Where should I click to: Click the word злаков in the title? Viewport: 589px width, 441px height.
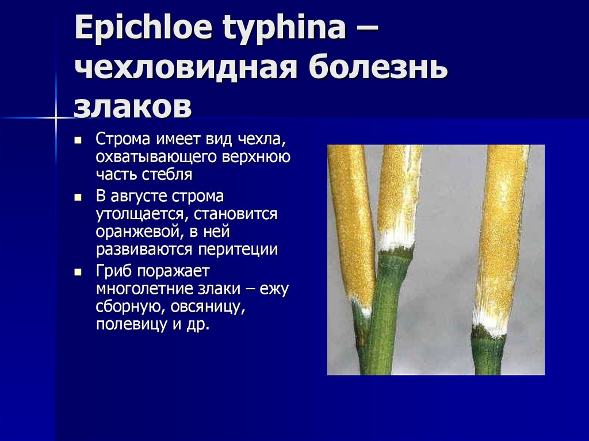tap(132, 107)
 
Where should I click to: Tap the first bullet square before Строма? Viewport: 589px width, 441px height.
tap(78, 140)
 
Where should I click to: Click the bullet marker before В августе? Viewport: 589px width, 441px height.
tap(78, 197)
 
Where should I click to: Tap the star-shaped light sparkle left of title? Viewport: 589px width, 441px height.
tap(56, 118)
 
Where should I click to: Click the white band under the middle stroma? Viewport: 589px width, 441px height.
tap(396, 240)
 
